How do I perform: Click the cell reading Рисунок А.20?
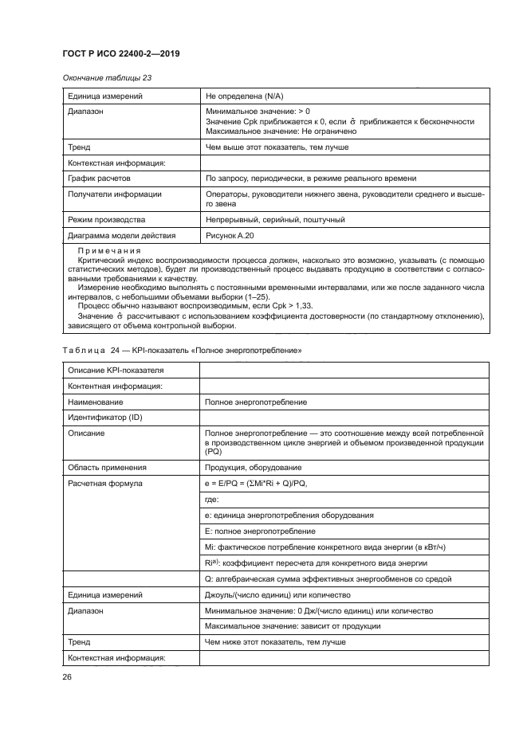(x=230, y=235)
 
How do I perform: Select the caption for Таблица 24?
(x=181, y=351)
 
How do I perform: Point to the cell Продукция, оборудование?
(x=254, y=467)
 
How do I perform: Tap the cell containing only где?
(x=213, y=500)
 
